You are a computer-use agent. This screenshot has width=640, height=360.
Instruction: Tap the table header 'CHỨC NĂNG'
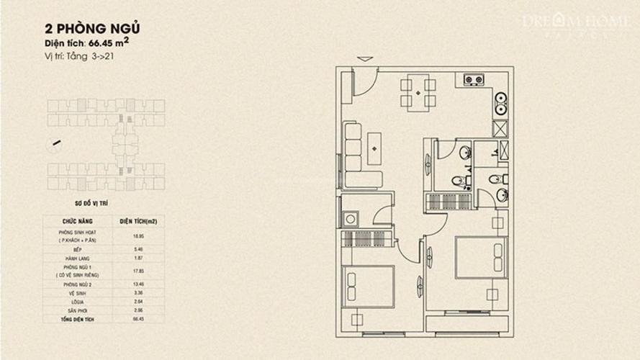(x=75, y=222)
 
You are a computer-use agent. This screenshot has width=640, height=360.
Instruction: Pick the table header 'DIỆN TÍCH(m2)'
(x=138, y=222)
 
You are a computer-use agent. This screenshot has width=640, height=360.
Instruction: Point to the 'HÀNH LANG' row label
(x=75, y=258)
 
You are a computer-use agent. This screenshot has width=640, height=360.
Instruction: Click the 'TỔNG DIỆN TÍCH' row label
(x=75, y=318)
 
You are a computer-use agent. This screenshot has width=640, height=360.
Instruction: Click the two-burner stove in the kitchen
(x=473, y=80)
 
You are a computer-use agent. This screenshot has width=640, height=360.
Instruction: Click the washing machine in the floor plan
(x=351, y=219)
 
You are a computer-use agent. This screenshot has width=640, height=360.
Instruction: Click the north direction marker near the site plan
(x=55, y=143)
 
